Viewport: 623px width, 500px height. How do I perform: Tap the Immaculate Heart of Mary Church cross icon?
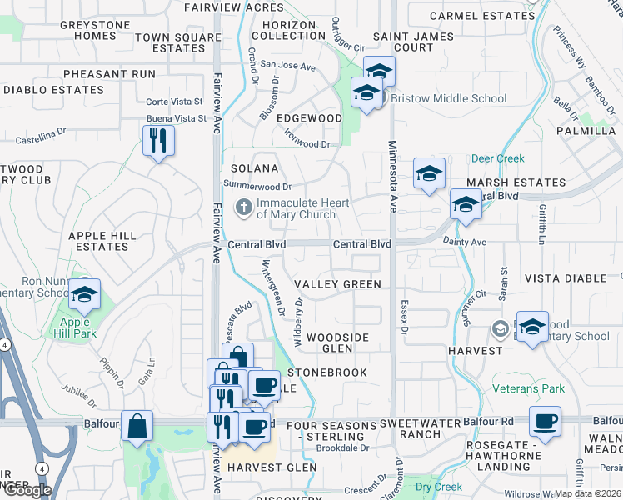[x=244, y=207]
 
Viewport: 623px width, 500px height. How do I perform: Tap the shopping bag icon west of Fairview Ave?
[x=137, y=426]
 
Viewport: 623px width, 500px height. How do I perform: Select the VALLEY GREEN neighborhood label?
[x=336, y=284]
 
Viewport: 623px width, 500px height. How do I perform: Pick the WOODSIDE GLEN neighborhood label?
[x=337, y=342]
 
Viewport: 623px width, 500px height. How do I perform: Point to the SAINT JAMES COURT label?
[x=414, y=42]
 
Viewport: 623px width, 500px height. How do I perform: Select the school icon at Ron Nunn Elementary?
[x=83, y=295]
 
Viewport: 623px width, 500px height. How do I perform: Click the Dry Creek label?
[x=438, y=486]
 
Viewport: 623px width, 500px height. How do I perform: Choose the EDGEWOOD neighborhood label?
[x=309, y=118]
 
